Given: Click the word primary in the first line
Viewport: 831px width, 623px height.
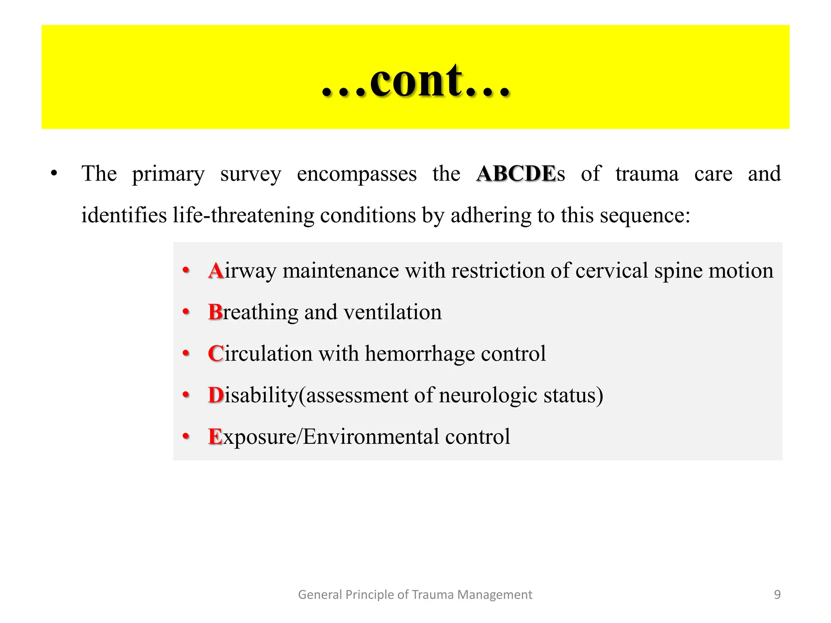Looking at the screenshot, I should (x=168, y=174).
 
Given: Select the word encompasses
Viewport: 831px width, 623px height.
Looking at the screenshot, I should (x=357, y=174).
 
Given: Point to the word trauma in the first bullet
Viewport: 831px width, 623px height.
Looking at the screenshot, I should (x=647, y=174).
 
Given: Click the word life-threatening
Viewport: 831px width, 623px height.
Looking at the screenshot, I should (x=243, y=215).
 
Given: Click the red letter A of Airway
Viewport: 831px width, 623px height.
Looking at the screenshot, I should (x=216, y=271).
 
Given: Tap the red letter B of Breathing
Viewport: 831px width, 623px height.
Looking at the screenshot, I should (x=215, y=312).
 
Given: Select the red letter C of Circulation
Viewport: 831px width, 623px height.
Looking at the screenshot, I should (x=215, y=354).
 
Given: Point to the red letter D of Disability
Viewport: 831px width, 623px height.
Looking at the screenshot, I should (x=216, y=395).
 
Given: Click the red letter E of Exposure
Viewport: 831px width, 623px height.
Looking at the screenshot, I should (x=215, y=437).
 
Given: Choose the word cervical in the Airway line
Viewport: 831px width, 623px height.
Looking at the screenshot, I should (x=611, y=271).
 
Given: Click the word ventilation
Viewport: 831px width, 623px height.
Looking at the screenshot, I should (x=392, y=312).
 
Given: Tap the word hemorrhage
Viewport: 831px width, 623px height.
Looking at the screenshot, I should (x=420, y=354).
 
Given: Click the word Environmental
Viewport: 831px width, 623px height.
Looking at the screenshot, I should (x=371, y=437).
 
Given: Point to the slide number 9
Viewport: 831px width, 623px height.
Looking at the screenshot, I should (x=777, y=595).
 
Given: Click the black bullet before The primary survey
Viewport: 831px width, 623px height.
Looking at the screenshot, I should (x=54, y=174).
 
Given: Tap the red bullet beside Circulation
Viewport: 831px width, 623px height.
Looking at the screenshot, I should (x=186, y=353).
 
